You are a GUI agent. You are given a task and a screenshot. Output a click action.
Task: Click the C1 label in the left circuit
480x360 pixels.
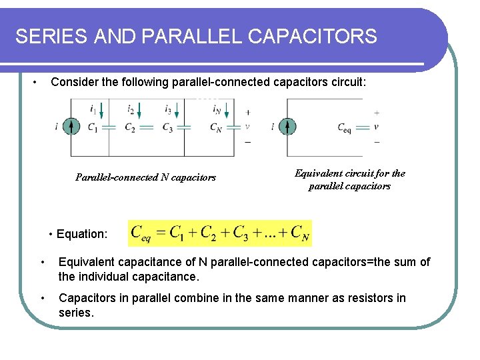tap(92, 128)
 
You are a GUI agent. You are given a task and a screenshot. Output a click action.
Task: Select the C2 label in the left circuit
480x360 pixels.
tap(130, 128)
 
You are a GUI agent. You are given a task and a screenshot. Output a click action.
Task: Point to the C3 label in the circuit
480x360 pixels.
tap(167, 128)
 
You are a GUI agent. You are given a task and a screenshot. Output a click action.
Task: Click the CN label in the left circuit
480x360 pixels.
tap(215, 128)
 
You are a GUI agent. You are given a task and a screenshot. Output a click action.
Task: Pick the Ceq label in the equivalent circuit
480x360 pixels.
tap(345, 127)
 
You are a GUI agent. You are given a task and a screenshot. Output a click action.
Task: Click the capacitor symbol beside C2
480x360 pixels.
tap(147, 127)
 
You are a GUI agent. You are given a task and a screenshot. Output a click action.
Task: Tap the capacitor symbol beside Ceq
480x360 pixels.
tap(363, 127)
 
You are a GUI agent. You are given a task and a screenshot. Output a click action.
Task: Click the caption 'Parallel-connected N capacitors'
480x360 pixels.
tap(145, 177)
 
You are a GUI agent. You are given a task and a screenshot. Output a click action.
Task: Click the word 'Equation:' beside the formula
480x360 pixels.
tap(81, 234)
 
